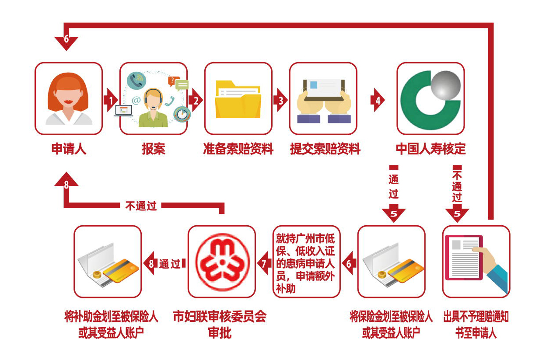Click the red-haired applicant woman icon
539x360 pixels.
coord(69,98)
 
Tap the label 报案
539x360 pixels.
coord(154,149)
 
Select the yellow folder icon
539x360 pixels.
coord(238,99)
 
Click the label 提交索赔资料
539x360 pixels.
coord(325,149)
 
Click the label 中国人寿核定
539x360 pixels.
coord(430,149)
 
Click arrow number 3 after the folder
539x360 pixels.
coord(280,100)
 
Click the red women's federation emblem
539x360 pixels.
coord(222,262)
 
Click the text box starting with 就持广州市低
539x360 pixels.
coord(307,262)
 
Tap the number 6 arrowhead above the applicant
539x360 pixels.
coord(66,40)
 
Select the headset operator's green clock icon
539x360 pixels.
coord(180,114)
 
